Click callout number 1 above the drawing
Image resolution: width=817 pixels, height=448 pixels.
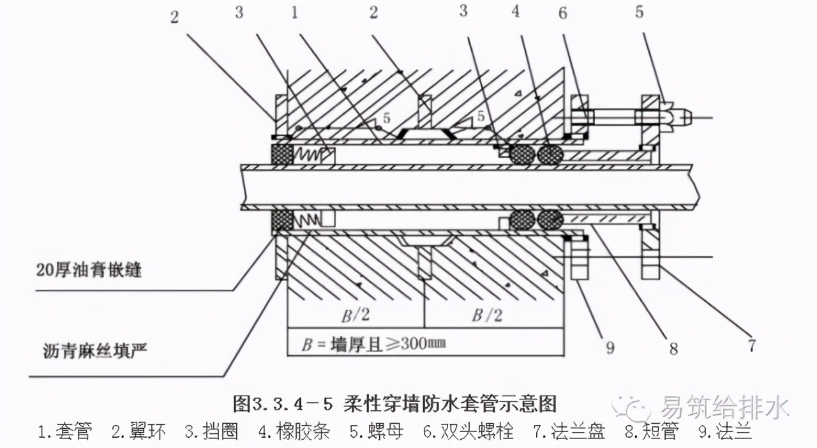[x=294, y=12]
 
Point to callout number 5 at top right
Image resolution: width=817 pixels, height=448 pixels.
[x=639, y=12]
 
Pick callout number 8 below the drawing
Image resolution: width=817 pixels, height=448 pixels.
[x=673, y=349]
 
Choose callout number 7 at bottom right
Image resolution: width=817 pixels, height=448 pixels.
[x=753, y=346]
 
